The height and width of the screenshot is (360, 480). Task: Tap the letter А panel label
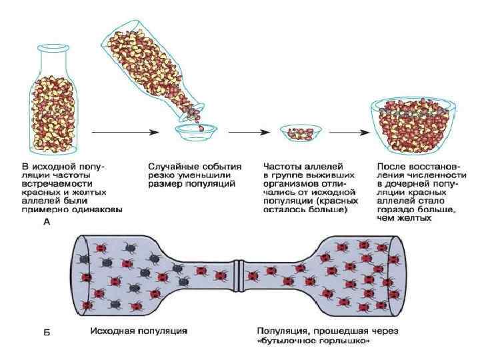coord(47,224)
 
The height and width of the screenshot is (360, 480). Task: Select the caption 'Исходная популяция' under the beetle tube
coord(138,330)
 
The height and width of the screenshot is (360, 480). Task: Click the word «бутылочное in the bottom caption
coord(287,341)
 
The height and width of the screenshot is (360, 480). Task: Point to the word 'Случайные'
coord(171,165)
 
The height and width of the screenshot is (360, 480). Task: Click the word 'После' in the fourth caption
coord(391,165)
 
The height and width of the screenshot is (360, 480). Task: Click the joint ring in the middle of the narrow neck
coord(239,274)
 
